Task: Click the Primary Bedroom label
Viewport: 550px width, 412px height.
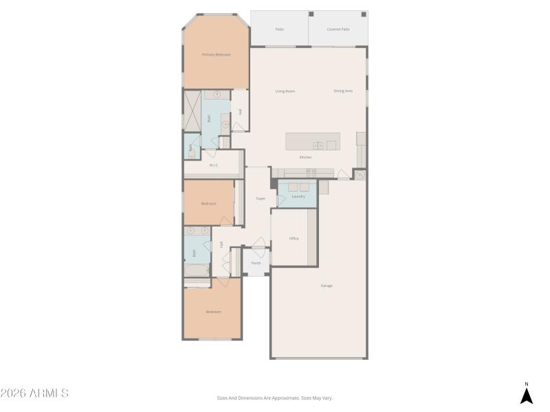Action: [216, 55]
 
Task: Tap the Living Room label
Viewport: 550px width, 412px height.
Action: [285, 91]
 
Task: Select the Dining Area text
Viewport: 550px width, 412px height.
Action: [343, 91]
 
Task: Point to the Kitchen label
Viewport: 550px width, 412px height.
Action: [305, 157]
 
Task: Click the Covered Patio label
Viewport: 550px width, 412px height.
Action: [338, 30]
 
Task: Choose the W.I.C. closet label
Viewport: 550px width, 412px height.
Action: [214, 165]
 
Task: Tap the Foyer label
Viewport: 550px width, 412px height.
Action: [261, 198]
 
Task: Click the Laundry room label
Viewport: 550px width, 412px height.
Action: [298, 196]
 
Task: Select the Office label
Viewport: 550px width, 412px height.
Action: [294, 238]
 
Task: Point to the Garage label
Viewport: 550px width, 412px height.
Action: [327, 286]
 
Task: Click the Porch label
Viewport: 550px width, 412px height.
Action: [256, 263]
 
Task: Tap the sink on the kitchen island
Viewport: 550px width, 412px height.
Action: [318, 145]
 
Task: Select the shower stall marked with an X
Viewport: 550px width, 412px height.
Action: [191, 111]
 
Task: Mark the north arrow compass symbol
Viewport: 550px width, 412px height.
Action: [527, 396]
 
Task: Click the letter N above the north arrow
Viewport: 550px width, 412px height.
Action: [527, 384]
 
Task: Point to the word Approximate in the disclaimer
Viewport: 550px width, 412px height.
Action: [287, 398]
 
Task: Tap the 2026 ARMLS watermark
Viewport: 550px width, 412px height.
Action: [34, 393]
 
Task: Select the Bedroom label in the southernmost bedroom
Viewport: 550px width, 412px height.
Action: [213, 312]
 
